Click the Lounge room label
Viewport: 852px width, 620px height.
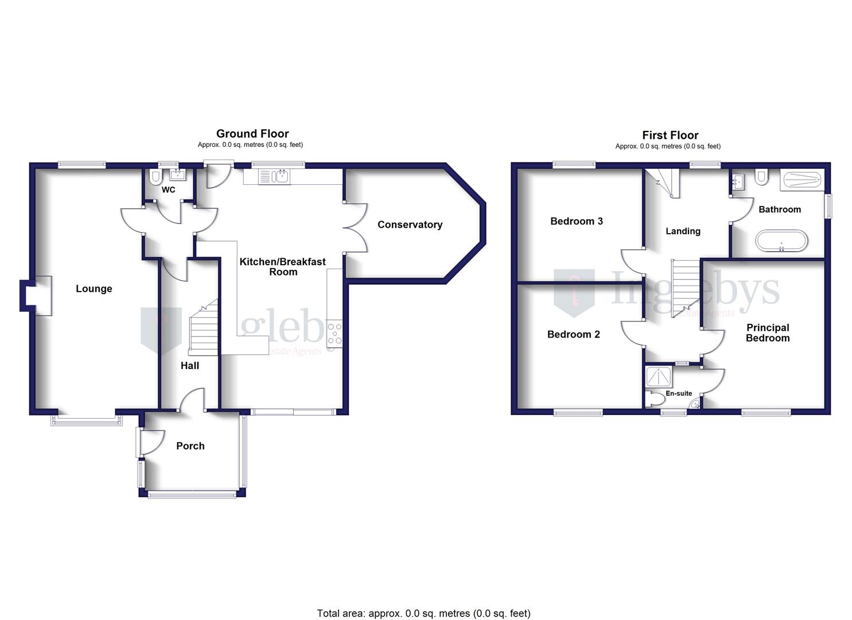coord(94,289)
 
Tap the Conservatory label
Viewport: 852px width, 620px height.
coord(410,224)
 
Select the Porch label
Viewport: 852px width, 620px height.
coord(190,446)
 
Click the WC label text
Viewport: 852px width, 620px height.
coord(168,189)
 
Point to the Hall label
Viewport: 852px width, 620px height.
coord(190,366)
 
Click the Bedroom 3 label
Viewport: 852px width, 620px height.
coord(576,221)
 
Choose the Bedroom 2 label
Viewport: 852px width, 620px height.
coord(573,334)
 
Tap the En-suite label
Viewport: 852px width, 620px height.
coord(679,394)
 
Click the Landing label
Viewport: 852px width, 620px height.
coord(683,231)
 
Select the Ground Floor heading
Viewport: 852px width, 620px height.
coord(252,134)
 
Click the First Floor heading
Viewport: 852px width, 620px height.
coord(670,135)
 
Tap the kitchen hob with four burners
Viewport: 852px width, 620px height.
coord(334,334)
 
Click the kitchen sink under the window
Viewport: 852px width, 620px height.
coord(275,176)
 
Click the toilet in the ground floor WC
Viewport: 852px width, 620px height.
coord(154,177)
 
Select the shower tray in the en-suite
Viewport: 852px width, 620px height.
coord(658,377)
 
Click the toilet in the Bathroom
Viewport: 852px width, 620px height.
coord(762,176)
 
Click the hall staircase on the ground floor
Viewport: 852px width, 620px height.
coord(204,331)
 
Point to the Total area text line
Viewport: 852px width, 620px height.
coord(423,613)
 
